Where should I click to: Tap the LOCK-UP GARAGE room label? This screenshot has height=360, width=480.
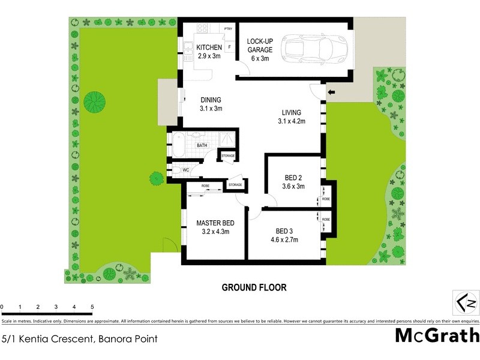tap(260, 46)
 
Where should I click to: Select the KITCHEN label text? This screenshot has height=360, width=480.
tap(210, 47)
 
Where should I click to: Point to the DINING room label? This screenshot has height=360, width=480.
tap(211, 100)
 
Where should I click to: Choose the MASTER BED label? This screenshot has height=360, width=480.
tap(215, 223)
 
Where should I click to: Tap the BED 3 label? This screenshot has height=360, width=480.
tap(285, 232)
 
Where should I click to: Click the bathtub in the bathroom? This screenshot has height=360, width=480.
tap(180, 145)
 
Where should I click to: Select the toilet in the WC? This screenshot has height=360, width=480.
tap(174, 170)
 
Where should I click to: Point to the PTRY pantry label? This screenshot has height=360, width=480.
tap(228, 29)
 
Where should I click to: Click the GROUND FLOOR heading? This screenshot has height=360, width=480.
tap(254, 287)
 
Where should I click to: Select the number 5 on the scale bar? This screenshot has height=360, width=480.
tap(92, 307)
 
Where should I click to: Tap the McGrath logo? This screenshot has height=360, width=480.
tap(437, 335)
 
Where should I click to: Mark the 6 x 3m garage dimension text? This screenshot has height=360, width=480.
tap(260, 58)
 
